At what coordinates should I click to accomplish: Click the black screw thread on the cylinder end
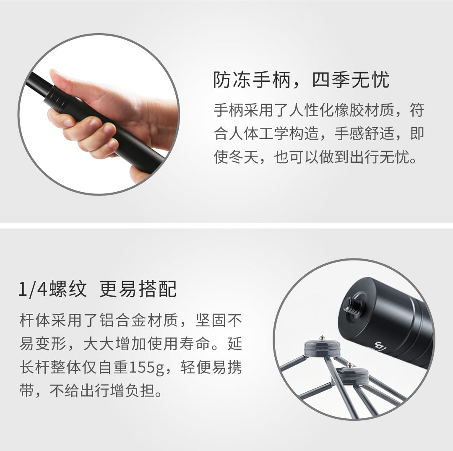[351, 305]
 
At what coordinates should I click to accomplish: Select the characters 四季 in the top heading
[330, 79]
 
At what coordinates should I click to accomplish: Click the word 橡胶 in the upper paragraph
[344, 110]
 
